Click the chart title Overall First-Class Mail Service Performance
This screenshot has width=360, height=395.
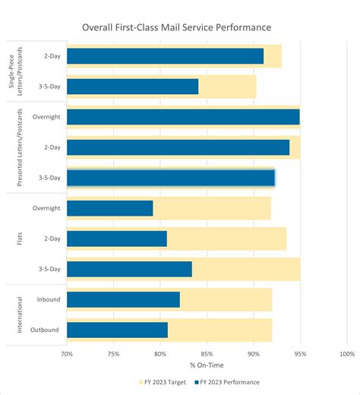[x=180, y=27]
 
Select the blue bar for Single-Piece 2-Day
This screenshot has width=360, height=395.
[x=165, y=56]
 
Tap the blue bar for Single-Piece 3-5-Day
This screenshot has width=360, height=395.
[x=132, y=87]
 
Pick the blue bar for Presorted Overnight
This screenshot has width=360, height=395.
[x=183, y=117]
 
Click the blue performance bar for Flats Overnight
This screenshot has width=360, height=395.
[x=110, y=208]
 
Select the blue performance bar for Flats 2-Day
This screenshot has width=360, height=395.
[x=117, y=239]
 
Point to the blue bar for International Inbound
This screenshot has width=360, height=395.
[x=123, y=300]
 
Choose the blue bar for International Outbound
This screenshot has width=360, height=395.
[x=117, y=330]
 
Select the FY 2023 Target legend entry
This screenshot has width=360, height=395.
[x=162, y=382]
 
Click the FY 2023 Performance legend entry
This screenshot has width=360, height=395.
[x=228, y=382]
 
